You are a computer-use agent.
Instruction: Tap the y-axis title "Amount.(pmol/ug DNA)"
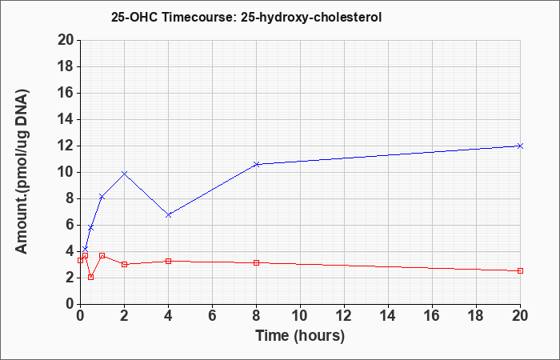click(22, 171)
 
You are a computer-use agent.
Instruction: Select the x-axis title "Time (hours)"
click(300, 336)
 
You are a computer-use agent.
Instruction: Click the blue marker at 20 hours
click(520, 146)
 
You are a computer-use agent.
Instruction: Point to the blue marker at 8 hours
click(256, 164)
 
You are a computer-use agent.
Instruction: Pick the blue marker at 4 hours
click(169, 214)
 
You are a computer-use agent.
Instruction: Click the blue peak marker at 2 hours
click(124, 174)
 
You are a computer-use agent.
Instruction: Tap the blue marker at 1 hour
click(102, 197)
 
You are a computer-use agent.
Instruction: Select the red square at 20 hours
click(520, 270)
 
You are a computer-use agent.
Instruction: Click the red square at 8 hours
click(256, 263)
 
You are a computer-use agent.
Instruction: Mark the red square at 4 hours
click(169, 261)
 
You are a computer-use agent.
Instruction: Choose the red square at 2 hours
click(124, 264)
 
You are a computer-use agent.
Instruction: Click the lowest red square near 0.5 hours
click(90, 277)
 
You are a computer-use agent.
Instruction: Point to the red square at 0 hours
click(80, 260)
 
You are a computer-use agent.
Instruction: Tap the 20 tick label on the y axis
click(66, 40)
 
